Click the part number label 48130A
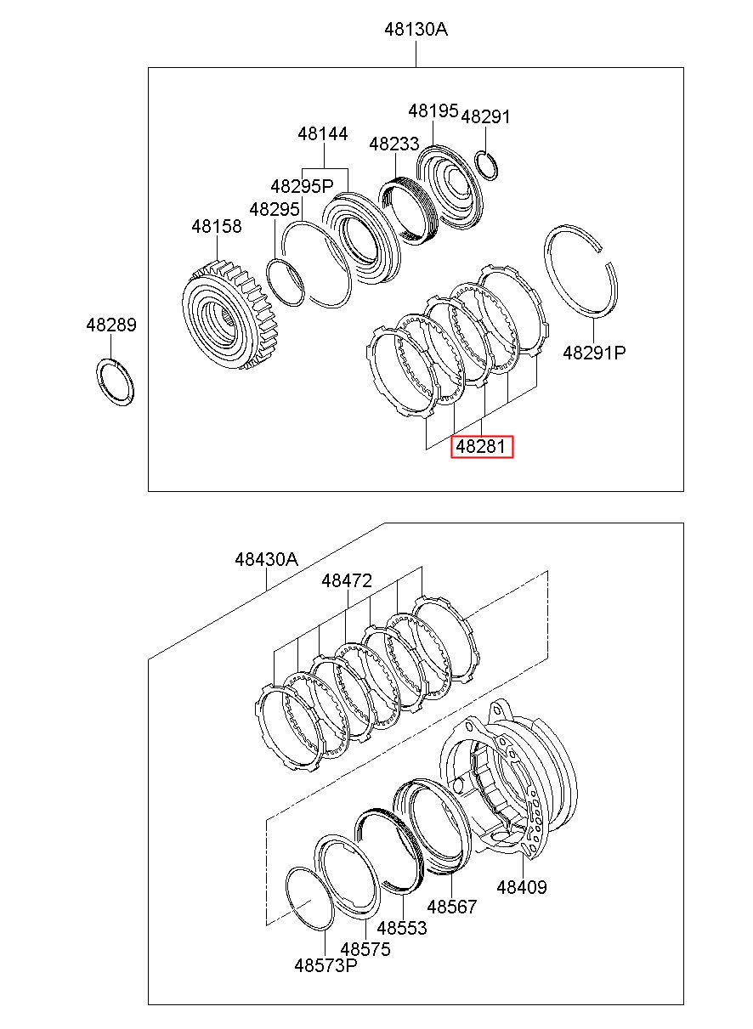tap(416, 29)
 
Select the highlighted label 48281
tap(482, 446)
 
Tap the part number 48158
tap(216, 227)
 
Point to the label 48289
tap(110, 325)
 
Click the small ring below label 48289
tap(113, 382)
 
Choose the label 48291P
tap(594, 353)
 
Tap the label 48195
tap(433, 110)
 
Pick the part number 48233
tap(393, 144)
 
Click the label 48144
tap(323, 134)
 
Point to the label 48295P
tap(302, 185)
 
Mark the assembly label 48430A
tap(266, 560)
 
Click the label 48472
tap(347, 581)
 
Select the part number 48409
tap(521, 888)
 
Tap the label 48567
tap(452, 907)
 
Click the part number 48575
tap(365, 949)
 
